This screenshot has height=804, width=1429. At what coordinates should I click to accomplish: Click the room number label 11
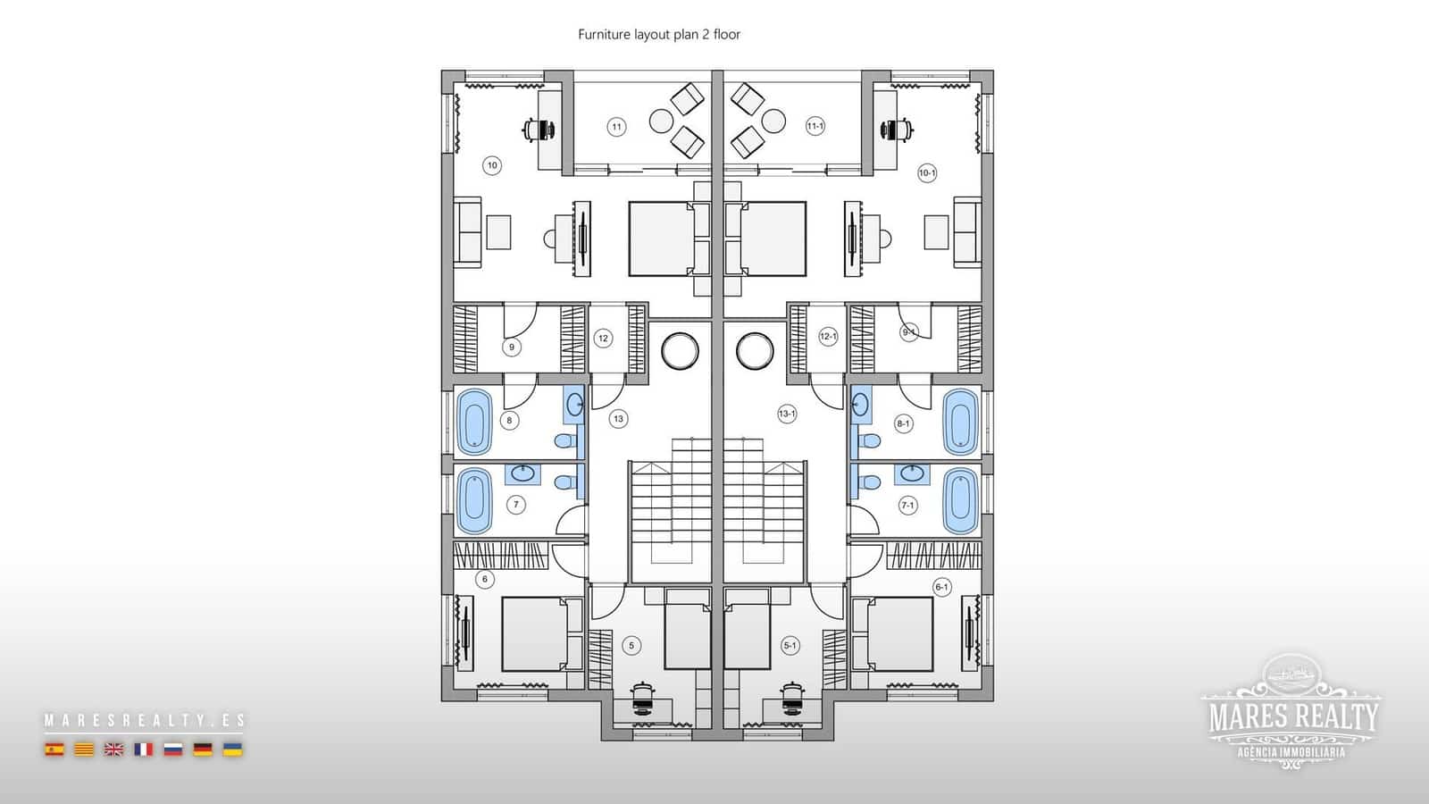tap(616, 127)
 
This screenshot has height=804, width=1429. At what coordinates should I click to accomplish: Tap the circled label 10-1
tap(927, 172)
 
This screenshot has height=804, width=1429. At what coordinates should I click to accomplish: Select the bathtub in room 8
tap(474, 421)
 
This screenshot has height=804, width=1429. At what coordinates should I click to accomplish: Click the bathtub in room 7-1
tap(960, 499)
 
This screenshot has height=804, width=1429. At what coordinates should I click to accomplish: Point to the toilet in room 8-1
tap(869, 440)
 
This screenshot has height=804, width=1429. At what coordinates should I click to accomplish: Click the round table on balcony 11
tap(662, 121)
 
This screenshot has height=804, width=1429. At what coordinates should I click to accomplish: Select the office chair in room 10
tap(538, 130)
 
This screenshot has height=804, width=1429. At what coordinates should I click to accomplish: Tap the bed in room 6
tap(534, 634)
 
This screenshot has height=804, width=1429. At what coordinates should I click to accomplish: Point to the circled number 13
tap(618, 418)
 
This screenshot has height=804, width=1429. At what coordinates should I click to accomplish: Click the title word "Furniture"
tap(604, 35)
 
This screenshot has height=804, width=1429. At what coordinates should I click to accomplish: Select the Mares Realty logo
tap(1291, 709)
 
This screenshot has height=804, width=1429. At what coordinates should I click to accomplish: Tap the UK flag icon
tap(113, 750)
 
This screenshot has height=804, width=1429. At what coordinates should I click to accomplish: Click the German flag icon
tap(203, 750)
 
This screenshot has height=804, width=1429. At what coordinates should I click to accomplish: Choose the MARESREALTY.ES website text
tap(144, 720)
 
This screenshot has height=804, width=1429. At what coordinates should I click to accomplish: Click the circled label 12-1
tap(828, 337)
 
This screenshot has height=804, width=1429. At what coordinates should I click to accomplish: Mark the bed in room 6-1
tap(899, 634)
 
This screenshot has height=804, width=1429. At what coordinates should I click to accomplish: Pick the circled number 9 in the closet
tap(511, 348)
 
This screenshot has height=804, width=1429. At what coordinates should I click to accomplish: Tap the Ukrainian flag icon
tap(232, 750)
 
